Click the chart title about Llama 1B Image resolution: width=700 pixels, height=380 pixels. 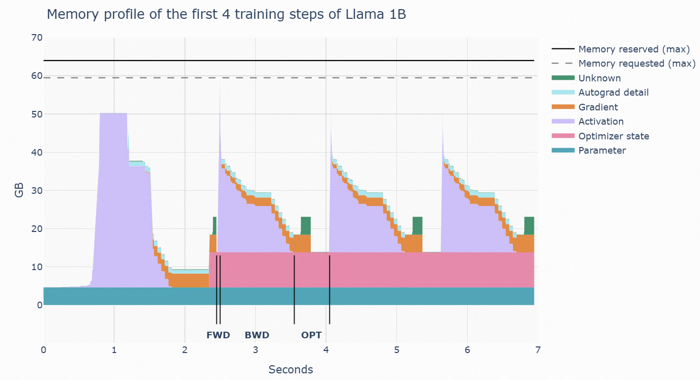[226, 15]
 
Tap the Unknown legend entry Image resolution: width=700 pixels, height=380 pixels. [599, 78]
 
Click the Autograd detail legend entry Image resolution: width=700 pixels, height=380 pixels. [613, 93]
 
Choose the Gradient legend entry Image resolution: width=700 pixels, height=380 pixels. [598, 107]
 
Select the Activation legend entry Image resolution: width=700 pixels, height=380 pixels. [601, 122]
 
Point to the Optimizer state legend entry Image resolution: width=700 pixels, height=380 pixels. [613, 136]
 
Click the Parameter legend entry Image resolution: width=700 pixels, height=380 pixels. [602, 151]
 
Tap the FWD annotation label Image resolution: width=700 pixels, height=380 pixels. [218, 335]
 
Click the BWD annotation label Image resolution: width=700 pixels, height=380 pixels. [257, 335]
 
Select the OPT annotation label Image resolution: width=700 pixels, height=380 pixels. [311, 335]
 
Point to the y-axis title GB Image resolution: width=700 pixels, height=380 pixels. [19, 191]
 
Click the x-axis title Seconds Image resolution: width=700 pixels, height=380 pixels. [290, 369]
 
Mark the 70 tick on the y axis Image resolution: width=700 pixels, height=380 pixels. [37, 38]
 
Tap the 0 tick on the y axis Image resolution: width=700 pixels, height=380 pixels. [39, 305]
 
